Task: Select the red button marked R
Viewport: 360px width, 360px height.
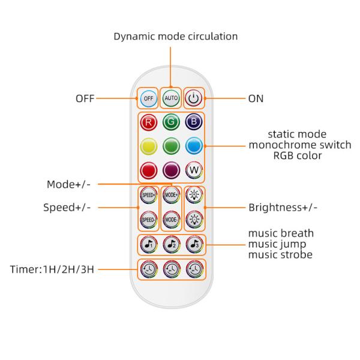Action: click(x=148, y=122)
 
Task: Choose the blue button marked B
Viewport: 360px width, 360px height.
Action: click(x=193, y=122)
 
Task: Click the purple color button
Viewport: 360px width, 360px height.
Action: click(x=171, y=170)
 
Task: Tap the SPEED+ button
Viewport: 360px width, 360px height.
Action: click(x=148, y=196)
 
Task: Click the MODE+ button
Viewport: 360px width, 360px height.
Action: click(x=171, y=196)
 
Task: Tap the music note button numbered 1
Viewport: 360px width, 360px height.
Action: click(x=148, y=244)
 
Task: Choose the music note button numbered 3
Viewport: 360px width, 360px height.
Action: click(x=193, y=244)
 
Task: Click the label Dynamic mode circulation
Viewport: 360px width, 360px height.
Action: click(x=176, y=37)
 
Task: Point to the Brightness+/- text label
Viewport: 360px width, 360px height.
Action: click(x=283, y=208)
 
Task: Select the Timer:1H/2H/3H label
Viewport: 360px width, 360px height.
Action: click(x=53, y=269)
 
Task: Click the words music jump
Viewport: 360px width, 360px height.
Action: click(x=280, y=244)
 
